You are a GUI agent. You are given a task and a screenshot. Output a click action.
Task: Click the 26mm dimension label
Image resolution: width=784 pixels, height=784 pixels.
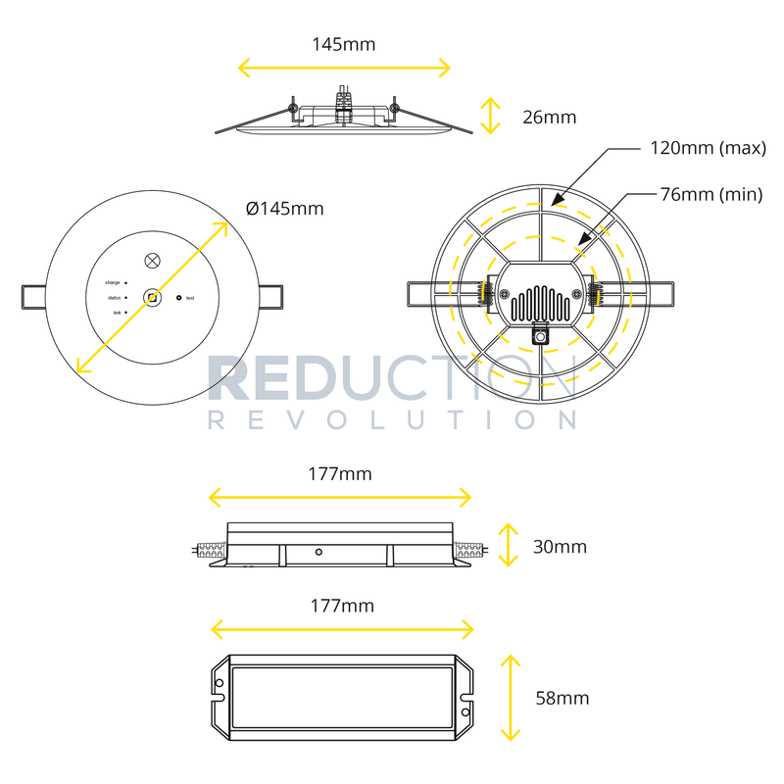tap(550, 118)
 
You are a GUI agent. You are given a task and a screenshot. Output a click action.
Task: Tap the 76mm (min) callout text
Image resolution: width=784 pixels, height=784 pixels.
tap(710, 195)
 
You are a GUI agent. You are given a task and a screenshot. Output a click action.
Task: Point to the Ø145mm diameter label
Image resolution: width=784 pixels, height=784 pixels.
tap(284, 209)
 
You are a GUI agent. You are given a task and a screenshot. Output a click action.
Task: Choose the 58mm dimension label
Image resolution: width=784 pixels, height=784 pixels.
tap(563, 698)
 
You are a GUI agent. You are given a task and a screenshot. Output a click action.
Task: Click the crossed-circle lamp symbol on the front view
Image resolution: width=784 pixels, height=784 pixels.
tap(152, 261)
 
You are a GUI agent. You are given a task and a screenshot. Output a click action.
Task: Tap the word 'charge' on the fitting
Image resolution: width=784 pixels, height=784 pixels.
tap(112, 282)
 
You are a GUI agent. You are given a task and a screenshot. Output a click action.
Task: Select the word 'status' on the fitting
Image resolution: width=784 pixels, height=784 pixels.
tap(114, 297)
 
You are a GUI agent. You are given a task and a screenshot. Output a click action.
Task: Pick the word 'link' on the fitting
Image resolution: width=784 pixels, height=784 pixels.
tap(117, 312)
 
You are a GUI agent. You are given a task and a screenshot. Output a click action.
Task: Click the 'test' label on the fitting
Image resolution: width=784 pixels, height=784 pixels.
tap(190, 298)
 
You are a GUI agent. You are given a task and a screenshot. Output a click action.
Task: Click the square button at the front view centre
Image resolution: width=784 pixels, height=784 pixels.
tap(152, 297)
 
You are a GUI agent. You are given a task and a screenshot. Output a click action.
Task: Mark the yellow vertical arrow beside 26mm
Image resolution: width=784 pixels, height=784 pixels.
tap(489, 117)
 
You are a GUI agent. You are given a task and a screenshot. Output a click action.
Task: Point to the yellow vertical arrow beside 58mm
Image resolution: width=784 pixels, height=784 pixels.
tap(510, 698)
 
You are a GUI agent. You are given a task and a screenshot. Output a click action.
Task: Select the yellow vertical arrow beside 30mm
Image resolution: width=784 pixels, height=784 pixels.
tap(507, 545)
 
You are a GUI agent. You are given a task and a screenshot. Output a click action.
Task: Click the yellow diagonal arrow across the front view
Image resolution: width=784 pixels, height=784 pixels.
tap(152, 297)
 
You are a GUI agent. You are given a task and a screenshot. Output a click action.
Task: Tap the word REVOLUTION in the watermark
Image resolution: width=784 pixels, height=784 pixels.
tap(392, 419)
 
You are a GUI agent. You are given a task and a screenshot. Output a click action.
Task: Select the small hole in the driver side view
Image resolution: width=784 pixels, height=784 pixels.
tap(318, 552)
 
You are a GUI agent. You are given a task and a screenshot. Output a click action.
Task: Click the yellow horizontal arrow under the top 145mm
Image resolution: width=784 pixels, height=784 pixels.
tap(345, 68)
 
